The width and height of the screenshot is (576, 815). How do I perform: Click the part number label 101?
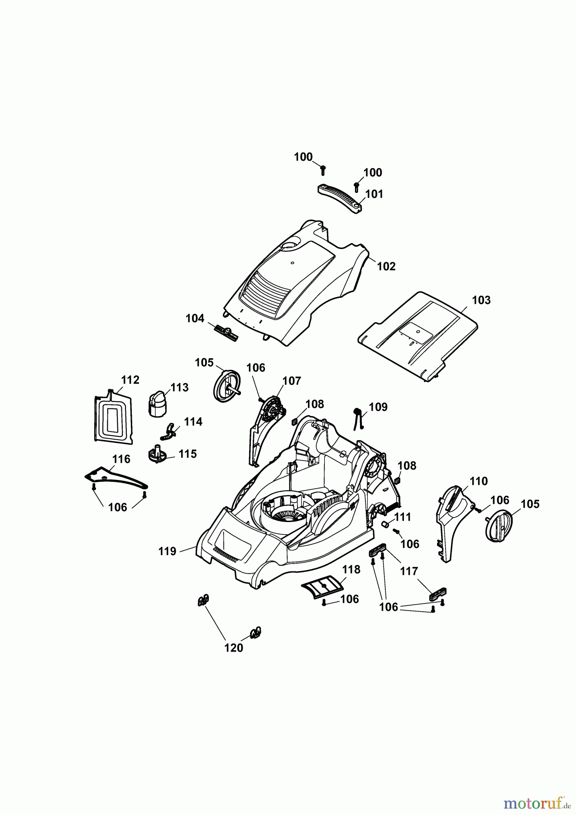click(374, 194)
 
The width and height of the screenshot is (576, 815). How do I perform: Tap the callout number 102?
click(386, 267)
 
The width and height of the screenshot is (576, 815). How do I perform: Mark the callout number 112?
click(130, 380)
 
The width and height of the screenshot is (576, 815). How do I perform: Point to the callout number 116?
click(121, 459)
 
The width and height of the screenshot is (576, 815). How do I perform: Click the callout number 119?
click(167, 551)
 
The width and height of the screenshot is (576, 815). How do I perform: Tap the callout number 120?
click(234, 648)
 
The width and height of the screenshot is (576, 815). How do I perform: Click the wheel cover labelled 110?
click(454, 521)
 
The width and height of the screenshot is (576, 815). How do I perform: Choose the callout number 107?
click(292, 381)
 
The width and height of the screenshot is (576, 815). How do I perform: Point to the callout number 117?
click(409, 571)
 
